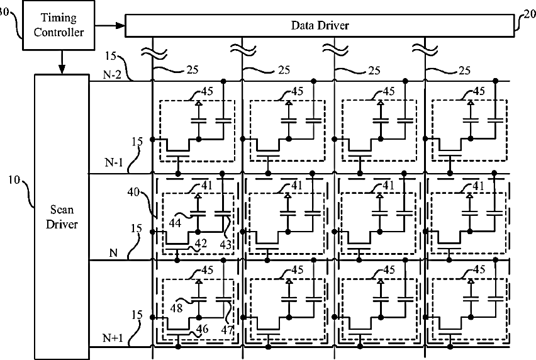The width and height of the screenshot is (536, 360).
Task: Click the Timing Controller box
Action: coord(59,25)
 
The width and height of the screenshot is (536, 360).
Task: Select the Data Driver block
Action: coord(320,25)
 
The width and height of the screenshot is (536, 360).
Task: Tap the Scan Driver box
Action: coord(62,217)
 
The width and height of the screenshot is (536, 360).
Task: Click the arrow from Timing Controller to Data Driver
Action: coord(109,25)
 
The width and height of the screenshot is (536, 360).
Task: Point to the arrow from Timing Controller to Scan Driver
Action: coord(62,62)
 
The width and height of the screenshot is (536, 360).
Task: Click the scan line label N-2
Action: coord(112,74)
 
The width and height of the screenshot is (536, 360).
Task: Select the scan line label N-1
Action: coord(113,162)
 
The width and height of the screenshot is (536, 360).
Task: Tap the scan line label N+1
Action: coord(113,338)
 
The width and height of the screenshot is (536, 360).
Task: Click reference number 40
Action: coord(133,192)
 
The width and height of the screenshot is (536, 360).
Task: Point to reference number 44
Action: coord(175,223)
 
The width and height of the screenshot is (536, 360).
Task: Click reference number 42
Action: coord(201,243)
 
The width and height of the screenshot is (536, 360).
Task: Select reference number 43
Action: coord(226,244)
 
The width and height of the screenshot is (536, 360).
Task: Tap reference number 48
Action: coord(176,308)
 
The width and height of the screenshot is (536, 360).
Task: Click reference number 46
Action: coord(203,329)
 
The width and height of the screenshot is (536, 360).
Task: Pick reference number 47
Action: coord(227,330)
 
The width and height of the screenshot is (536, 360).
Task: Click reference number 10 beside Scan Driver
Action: coord(14,180)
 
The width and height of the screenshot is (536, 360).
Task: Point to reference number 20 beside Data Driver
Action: coord(530,14)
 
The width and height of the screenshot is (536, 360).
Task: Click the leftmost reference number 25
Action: coord(193,70)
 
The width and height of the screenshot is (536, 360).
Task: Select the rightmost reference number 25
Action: coord(464,70)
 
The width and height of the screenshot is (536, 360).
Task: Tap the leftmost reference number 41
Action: coord(207,186)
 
